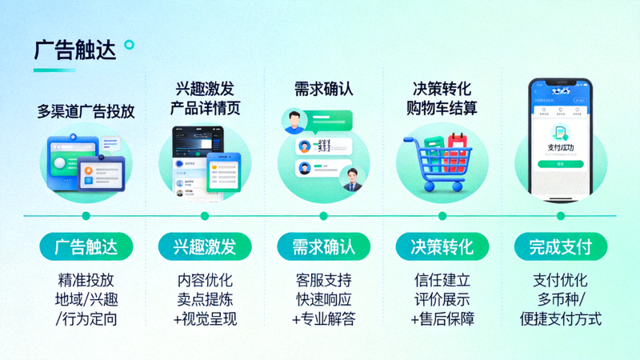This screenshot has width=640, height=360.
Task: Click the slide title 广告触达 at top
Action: point(75,50)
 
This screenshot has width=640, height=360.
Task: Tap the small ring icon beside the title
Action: point(130,45)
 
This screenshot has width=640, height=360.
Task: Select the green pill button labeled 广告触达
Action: point(86,246)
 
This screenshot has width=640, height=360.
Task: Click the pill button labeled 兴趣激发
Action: point(205,246)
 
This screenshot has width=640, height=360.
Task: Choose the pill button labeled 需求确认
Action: point(323,246)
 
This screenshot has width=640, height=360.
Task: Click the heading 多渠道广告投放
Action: point(86,111)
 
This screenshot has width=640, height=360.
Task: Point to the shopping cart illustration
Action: point(435,163)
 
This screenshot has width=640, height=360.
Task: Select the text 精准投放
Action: point(86,281)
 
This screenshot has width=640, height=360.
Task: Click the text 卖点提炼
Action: point(205,300)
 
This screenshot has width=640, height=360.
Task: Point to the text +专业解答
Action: point(323,319)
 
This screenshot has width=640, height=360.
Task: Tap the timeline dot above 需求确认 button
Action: point(323,216)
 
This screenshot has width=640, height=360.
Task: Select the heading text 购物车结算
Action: point(442,108)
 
